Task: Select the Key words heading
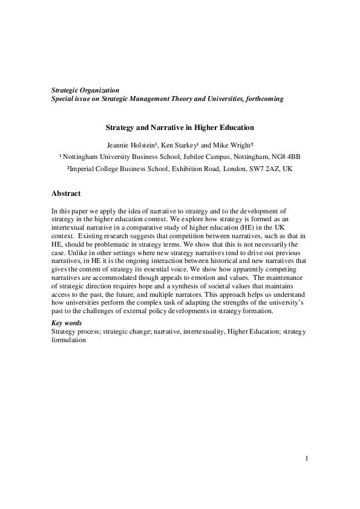click(67, 323)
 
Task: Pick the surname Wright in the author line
click(240, 144)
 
